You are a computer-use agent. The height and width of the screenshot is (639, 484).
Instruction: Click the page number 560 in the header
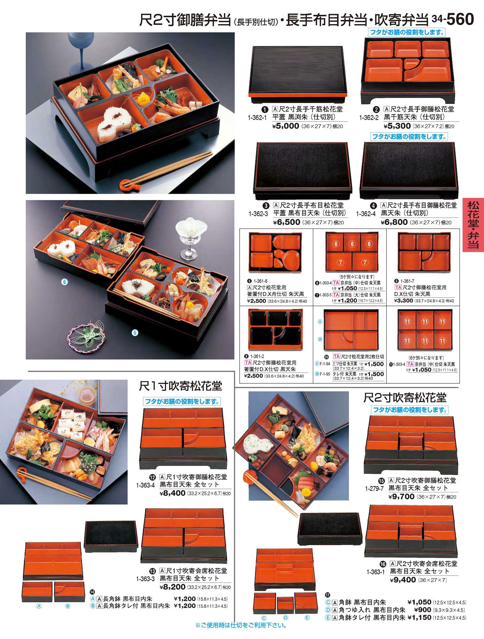[460, 19]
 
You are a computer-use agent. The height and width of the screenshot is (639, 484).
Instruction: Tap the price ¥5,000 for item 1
[286, 126]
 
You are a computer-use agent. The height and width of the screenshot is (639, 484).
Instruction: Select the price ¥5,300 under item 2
[397, 126]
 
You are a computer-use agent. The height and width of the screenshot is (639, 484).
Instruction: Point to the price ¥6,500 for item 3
[286, 222]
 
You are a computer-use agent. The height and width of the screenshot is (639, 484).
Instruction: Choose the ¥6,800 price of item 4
[394, 222]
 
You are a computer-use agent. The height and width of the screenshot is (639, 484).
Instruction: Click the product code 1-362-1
[257, 118]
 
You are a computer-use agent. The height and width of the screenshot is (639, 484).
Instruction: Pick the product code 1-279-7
[374, 489]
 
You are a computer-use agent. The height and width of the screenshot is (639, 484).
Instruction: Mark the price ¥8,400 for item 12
[172, 493]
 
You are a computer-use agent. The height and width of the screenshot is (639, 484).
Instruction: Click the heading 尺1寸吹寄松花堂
[181, 386]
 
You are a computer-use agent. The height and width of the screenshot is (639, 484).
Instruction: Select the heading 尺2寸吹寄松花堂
[405, 398]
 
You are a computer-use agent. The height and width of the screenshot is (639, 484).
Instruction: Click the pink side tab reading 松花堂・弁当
[473, 225]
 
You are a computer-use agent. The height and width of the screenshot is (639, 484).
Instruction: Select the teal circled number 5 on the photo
[135, 333]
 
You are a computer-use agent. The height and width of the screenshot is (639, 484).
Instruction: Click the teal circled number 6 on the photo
[64, 282]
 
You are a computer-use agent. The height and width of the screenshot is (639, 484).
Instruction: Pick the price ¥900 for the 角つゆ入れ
[423, 610]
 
